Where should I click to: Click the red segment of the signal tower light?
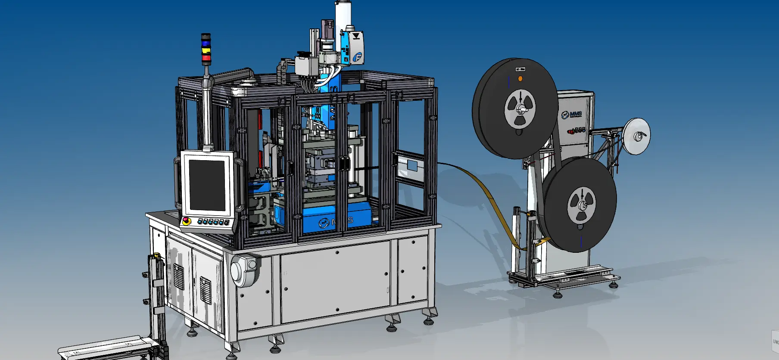[206, 57]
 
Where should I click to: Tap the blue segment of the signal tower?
[206, 43]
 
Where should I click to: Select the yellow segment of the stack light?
[206, 50]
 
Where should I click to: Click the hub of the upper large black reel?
[520, 110]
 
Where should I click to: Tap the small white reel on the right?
[637, 136]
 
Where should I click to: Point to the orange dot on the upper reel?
[520, 79]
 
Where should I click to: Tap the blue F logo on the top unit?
[357, 57]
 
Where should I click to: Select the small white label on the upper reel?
[520, 69]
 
